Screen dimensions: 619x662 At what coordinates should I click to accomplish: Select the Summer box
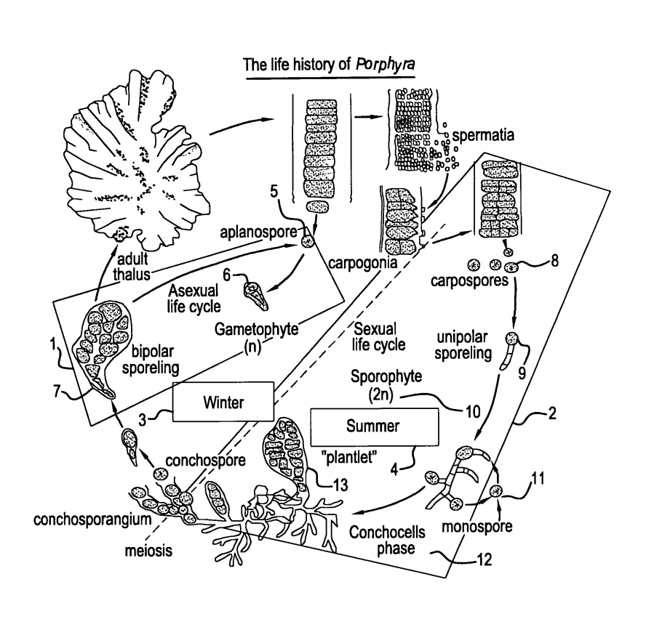[374, 426]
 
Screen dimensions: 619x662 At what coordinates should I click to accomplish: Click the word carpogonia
[360, 265]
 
